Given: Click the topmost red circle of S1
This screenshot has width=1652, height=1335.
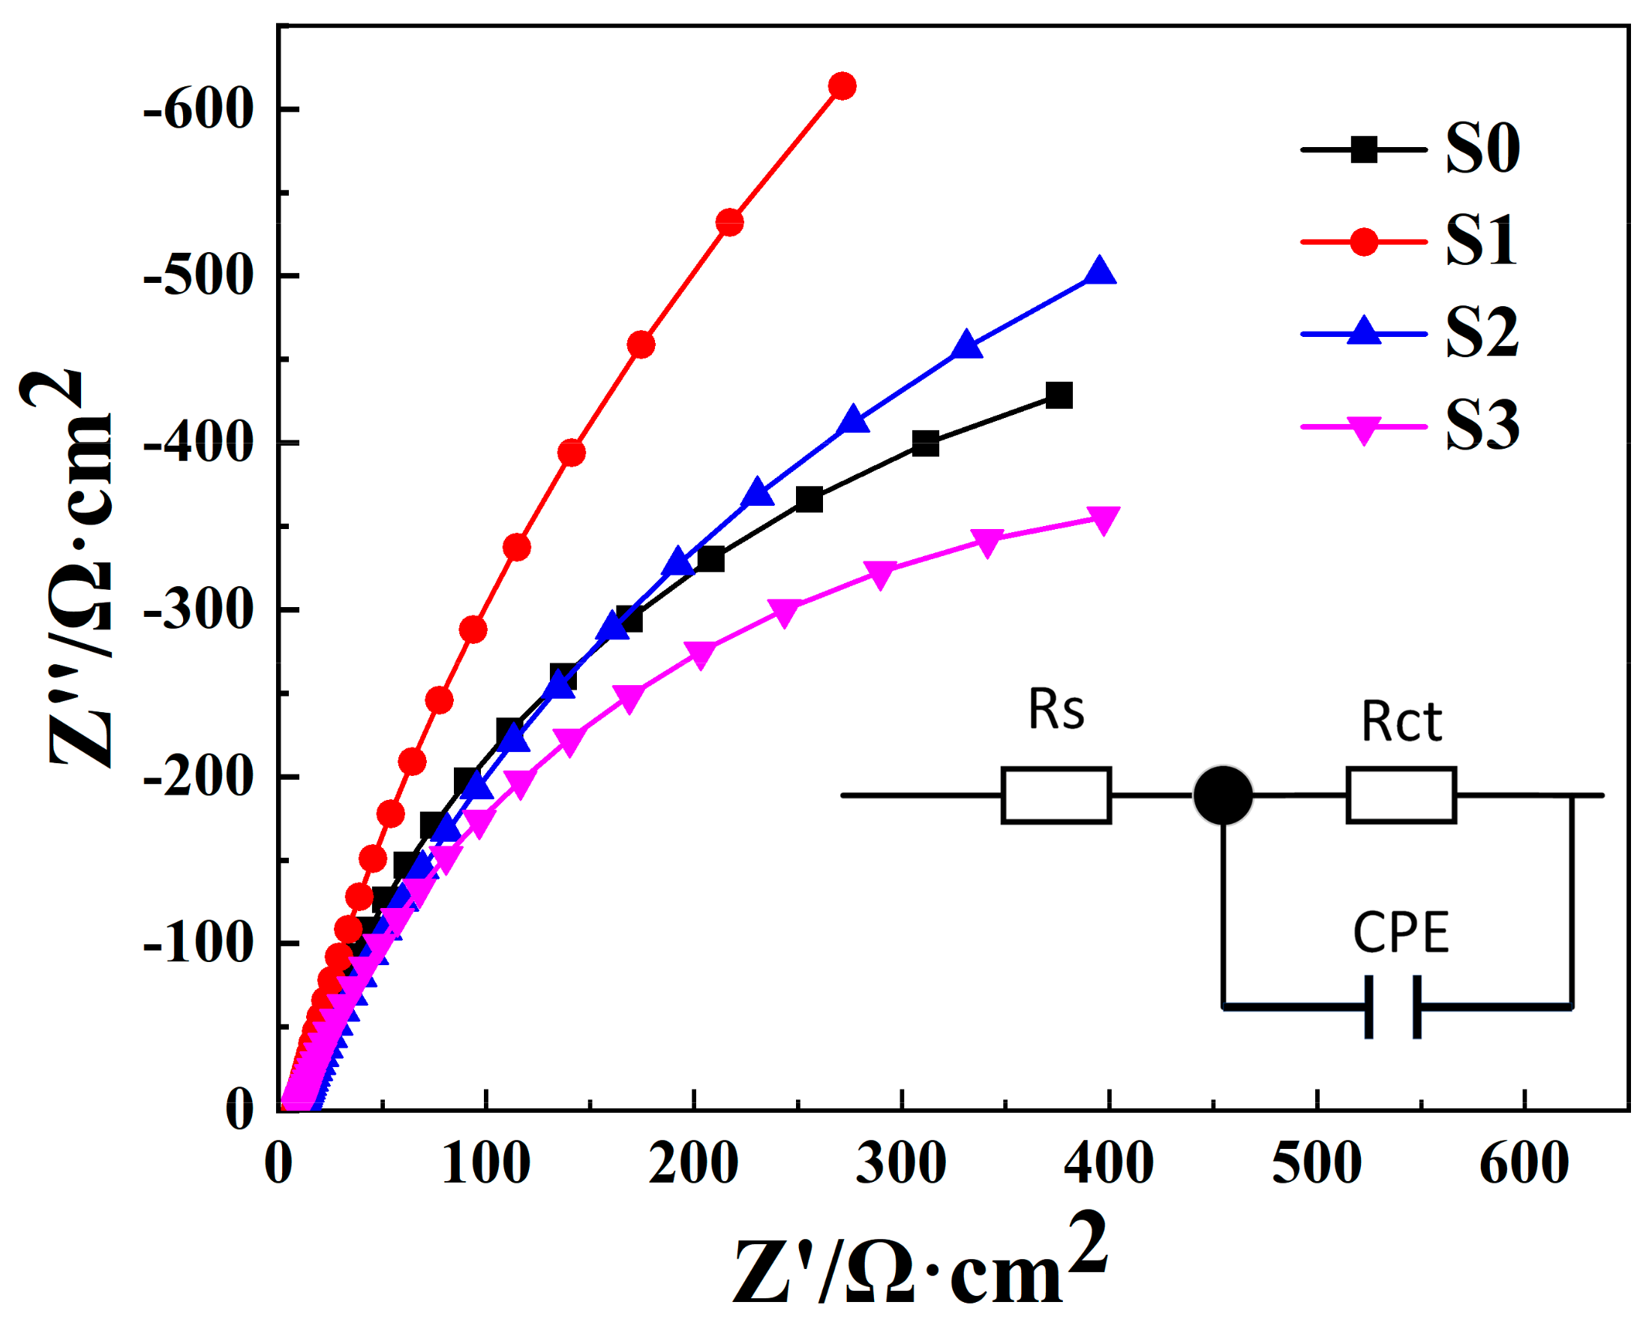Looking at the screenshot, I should [x=843, y=86].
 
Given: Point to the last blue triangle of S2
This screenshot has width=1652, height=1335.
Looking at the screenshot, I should [x=1100, y=272].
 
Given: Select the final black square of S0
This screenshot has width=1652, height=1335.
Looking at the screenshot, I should [x=1059, y=396].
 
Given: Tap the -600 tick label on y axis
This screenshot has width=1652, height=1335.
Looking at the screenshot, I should [x=198, y=110].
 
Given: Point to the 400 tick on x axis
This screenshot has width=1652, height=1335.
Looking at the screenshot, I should [x=1109, y=1162].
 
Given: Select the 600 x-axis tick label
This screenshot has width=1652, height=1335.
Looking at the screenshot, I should [x=1524, y=1162].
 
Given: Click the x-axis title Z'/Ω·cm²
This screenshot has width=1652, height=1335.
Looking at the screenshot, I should [x=918, y=1265].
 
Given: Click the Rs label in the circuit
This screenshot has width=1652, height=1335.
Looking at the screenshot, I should [x=1056, y=710].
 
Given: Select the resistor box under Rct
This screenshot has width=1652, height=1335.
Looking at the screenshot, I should [x=1401, y=795].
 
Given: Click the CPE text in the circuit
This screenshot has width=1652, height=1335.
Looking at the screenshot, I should [x=1401, y=933].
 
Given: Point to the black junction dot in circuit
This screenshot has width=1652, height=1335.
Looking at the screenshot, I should [x=1223, y=795].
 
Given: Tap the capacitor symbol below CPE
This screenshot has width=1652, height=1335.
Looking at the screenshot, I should [x=1393, y=1006].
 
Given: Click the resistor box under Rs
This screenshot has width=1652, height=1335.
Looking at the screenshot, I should [x=1056, y=795].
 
